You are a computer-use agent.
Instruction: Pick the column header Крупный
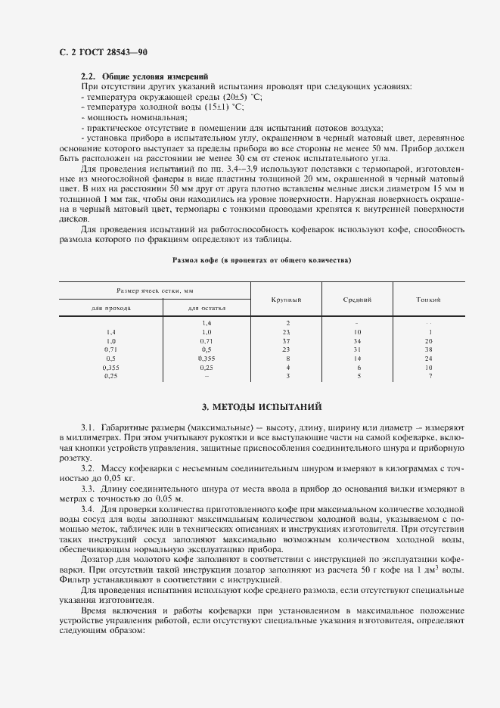coord(287,300)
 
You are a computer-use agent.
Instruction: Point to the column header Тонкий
coord(429,300)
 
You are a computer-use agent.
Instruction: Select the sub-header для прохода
coord(111,309)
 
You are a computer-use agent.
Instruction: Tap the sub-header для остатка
coord(207,309)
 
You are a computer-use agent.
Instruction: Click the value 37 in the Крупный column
coord(287,341)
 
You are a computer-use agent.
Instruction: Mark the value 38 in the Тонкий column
coord(429,350)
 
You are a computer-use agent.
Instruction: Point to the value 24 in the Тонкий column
coord(429,359)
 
